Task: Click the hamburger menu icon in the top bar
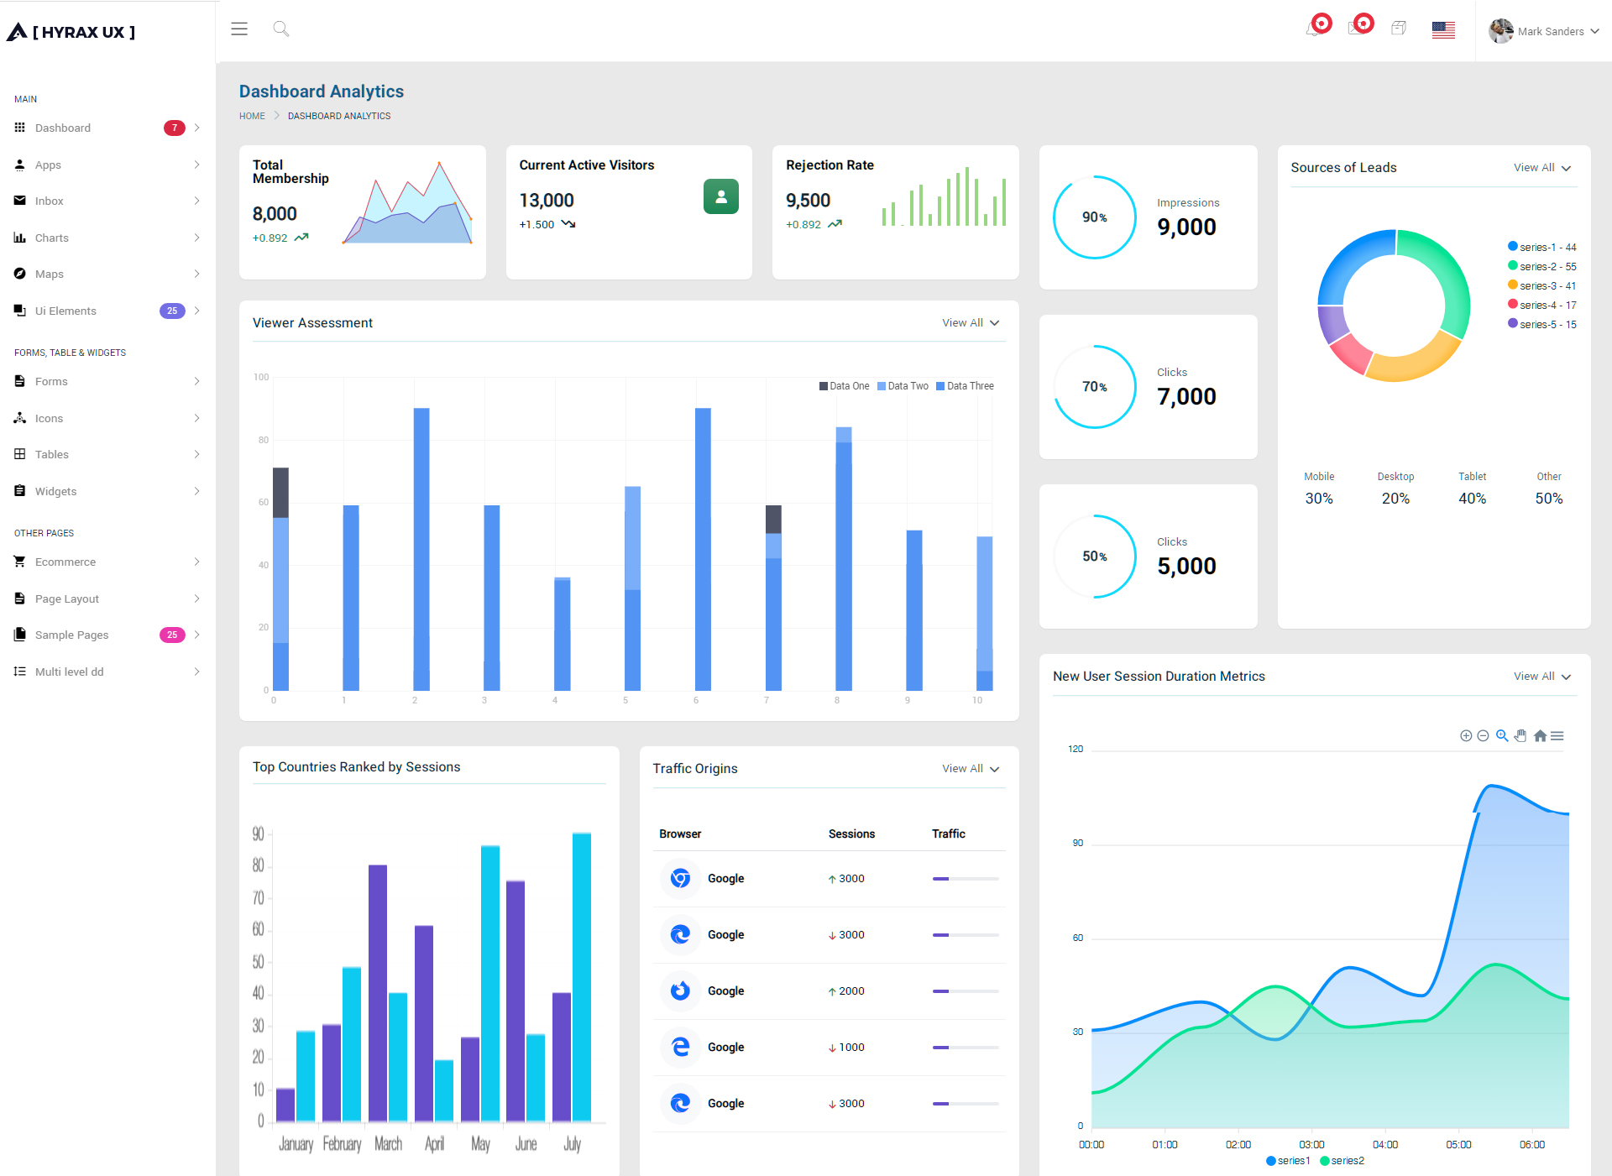click(x=239, y=29)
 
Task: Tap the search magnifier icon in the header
click(x=281, y=29)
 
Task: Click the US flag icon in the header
click(x=1443, y=30)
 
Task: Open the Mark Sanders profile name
click(x=1551, y=32)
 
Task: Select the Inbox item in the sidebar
click(x=50, y=201)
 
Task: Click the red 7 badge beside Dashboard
click(x=174, y=128)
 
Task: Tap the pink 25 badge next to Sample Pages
click(x=172, y=635)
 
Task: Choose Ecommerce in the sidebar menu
click(x=65, y=562)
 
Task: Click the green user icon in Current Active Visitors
click(x=721, y=196)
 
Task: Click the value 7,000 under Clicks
click(x=1186, y=397)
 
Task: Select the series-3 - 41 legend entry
click(x=1542, y=286)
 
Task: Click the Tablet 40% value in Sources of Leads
click(x=1472, y=499)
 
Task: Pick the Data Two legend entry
click(x=903, y=386)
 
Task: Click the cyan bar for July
click(x=582, y=977)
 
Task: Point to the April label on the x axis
click(x=434, y=1144)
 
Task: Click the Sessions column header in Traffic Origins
click(x=851, y=834)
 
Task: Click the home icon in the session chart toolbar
click(x=1540, y=736)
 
